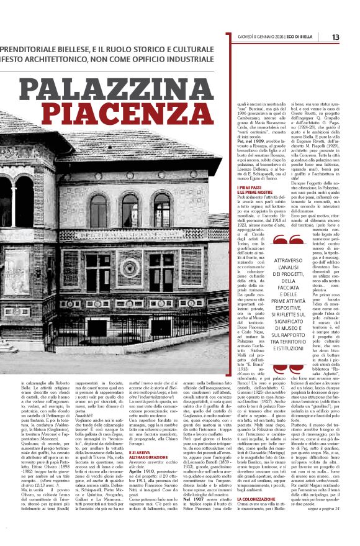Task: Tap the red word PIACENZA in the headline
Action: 148,117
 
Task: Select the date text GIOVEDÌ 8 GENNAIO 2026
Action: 264,37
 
